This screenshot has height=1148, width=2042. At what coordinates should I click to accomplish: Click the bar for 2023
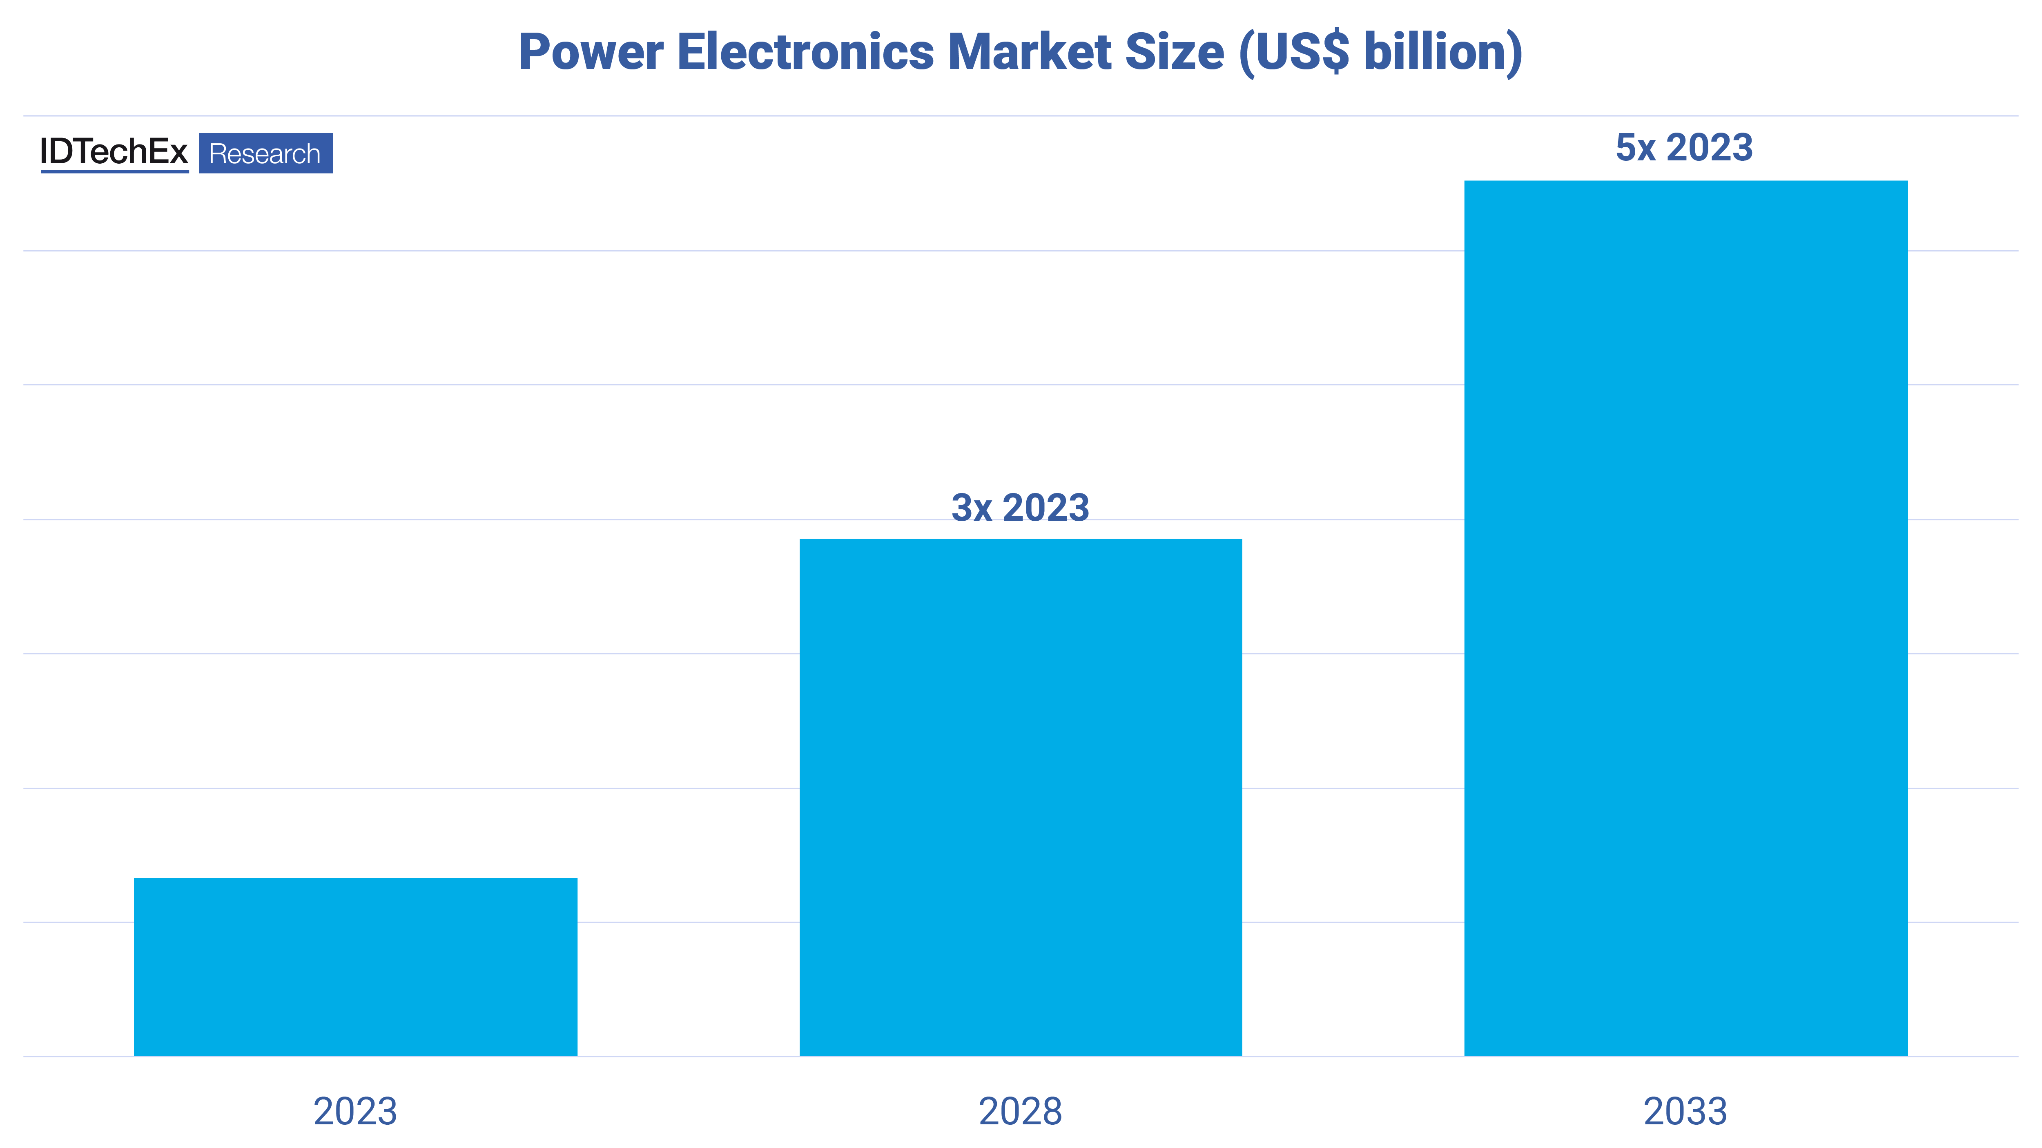[355, 966]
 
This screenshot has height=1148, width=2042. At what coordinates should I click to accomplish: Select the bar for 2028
[1020, 796]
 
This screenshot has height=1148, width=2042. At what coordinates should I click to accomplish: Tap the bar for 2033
[1685, 618]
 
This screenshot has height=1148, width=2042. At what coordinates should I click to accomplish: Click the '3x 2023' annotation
[1020, 508]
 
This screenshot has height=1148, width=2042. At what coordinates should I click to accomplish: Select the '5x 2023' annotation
[1684, 148]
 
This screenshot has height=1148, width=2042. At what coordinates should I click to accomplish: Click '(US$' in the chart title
[1294, 52]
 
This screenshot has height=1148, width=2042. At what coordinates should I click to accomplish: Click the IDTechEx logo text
[114, 151]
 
